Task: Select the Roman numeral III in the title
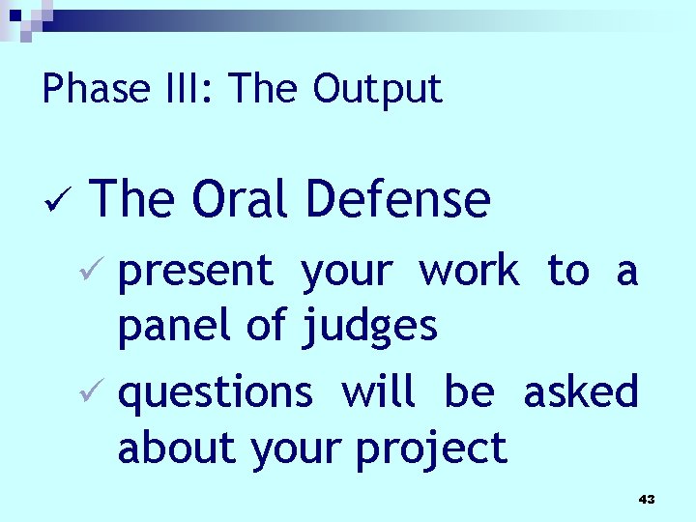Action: (189, 89)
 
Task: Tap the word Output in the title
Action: (377, 89)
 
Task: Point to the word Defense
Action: (397, 199)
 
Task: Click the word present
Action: (196, 273)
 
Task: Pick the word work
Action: (469, 272)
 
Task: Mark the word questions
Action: (215, 394)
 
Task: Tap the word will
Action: (378, 393)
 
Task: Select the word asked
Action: (581, 393)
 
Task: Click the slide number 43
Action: (647, 499)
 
